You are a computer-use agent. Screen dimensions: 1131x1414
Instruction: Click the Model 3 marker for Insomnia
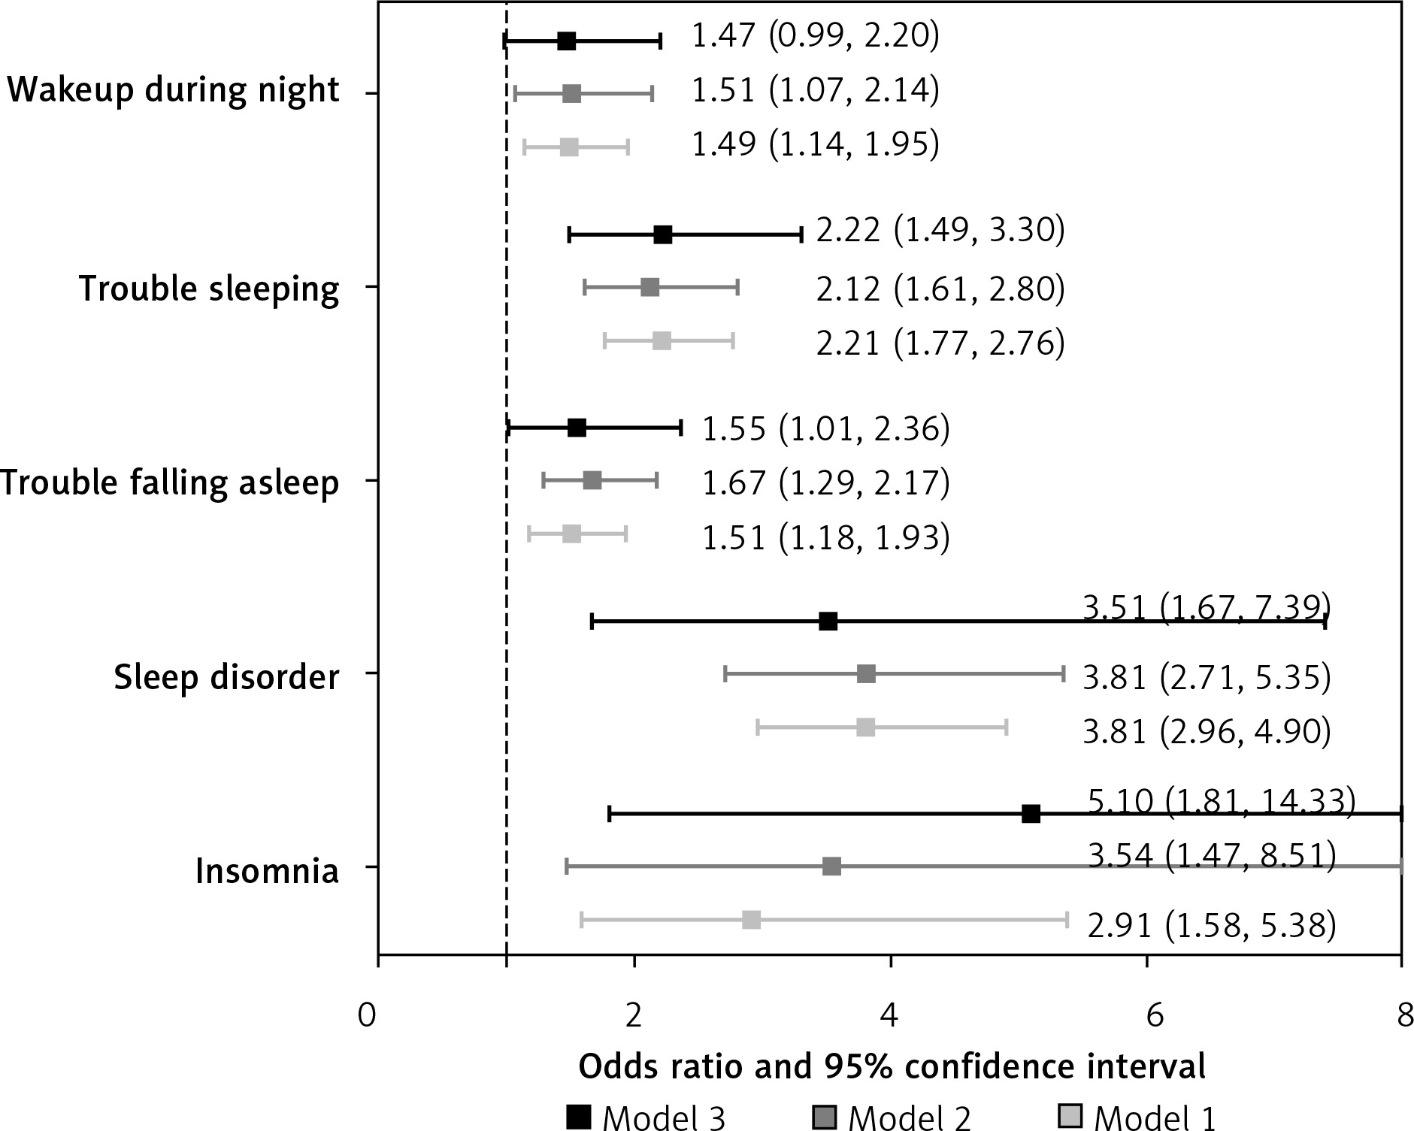(x=1031, y=814)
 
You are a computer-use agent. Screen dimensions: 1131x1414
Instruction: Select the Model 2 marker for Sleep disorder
(x=866, y=674)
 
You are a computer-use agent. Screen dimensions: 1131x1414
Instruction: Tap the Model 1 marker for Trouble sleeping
(x=662, y=341)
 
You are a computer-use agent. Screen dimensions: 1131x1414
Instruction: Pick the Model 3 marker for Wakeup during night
(x=567, y=41)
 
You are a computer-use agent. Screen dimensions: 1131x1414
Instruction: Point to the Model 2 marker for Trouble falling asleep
(x=592, y=480)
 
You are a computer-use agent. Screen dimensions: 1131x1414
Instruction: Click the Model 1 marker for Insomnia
(x=751, y=920)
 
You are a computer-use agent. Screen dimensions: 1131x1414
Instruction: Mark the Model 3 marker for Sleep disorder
(x=828, y=621)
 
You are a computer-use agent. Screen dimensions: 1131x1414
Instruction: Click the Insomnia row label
(x=267, y=872)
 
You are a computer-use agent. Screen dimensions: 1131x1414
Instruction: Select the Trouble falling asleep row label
(x=170, y=482)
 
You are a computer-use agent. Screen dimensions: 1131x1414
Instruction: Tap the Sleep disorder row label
(x=226, y=677)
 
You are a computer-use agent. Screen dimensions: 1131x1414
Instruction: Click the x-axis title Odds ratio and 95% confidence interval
(x=892, y=1067)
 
